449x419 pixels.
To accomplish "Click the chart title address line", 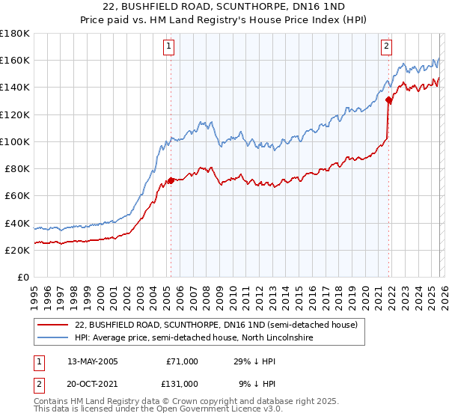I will click(224, 7).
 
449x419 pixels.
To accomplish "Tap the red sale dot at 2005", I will click(171, 180).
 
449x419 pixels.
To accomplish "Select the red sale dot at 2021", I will click(388, 99).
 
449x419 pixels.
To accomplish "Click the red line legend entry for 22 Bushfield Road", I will click(216, 325).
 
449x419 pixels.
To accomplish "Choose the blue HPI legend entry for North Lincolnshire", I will click(193, 338).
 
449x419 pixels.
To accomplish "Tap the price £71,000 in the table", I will click(182, 361).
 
